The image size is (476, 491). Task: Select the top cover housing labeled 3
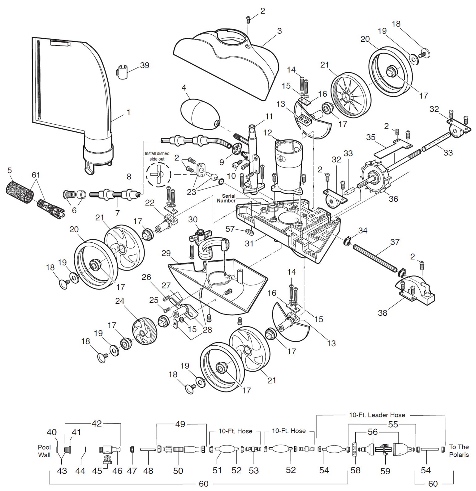[x=226, y=62]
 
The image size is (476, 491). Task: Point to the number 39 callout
[x=145, y=66]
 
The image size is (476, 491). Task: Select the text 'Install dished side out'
[x=157, y=156]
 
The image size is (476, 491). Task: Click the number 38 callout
[x=383, y=313]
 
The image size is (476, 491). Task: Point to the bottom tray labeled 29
[x=217, y=281]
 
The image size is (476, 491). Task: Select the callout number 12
[x=267, y=133]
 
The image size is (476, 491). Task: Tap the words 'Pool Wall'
[x=44, y=451]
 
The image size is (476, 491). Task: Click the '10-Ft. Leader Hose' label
[x=377, y=415]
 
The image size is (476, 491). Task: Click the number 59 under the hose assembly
[x=385, y=471]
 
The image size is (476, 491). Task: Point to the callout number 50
[x=178, y=471]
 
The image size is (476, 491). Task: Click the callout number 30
[x=193, y=219]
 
